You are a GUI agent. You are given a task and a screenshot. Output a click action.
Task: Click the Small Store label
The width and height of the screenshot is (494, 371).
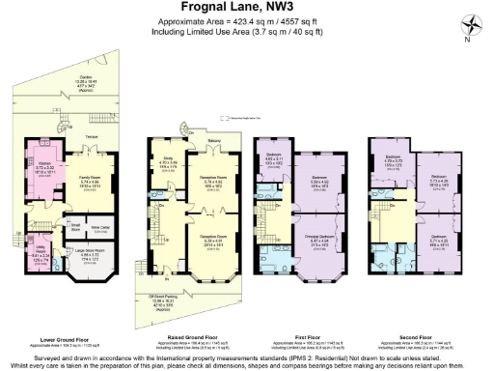[x=75, y=227]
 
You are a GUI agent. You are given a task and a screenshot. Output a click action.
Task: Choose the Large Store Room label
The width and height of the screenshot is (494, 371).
[x=91, y=252]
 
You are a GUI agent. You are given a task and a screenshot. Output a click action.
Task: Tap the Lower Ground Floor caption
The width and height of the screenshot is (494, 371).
[x=65, y=339]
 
